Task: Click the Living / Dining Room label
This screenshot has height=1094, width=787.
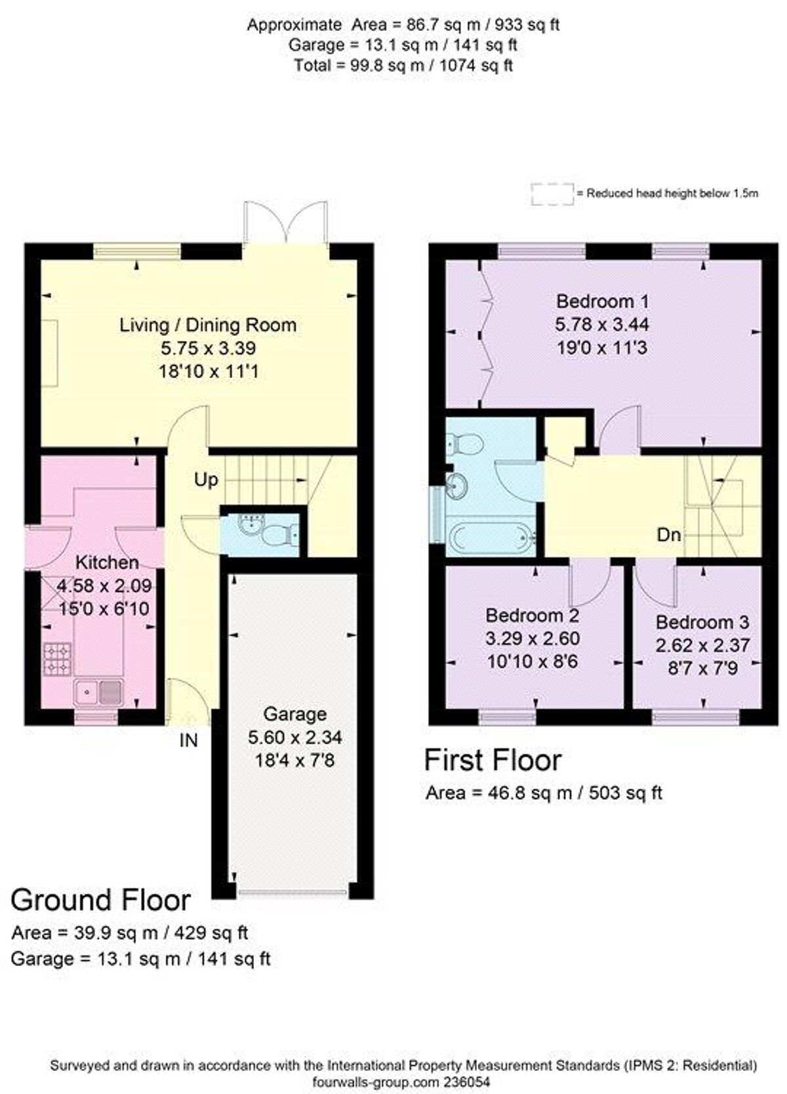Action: pyautogui.click(x=207, y=325)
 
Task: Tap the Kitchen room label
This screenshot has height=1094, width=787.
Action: pyautogui.click(x=107, y=562)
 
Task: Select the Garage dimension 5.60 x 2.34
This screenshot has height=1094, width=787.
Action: pyautogui.click(x=294, y=737)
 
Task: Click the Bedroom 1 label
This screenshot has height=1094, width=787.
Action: pyautogui.click(x=602, y=301)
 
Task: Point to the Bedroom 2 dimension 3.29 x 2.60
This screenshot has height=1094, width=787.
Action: pyautogui.click(x=532, y=638)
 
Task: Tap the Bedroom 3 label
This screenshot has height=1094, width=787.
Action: pyautogui.click(x=702, y=622)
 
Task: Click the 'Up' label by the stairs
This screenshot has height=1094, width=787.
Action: pyautogui.click(x=205, y=480)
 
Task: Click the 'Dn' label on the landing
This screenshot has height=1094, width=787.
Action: pyautogui.click(x=668, y=535)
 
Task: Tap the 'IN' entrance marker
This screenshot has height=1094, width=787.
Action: pyautogui.click(x=188, y=740)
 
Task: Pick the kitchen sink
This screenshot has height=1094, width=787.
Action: pyautogui.click(x=98, y=691)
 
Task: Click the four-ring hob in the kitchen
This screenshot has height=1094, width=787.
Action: pyautogui.click(x=57, y=659)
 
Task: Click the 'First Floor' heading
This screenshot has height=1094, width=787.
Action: pyautogui.click(x=493, y=760)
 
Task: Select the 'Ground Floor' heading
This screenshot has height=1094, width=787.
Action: pyautogui.click(x=100, y=900)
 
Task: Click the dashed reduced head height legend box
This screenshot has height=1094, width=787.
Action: pyautogui.click(x=552, y=194)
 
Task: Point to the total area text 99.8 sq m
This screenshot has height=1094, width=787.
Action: pyautogui.click(x=403, y=66)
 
